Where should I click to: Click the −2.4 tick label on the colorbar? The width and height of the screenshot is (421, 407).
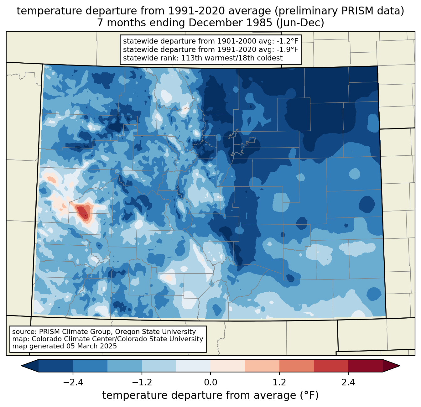[73, 383]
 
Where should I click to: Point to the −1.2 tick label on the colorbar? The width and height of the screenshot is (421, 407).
[142, 383]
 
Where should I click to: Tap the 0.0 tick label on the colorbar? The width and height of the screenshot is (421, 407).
[210, 383]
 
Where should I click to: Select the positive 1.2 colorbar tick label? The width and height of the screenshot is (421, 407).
[279, 383]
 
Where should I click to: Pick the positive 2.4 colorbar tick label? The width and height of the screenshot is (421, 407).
[348, 383]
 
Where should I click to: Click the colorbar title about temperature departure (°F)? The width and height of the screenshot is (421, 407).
[210, 395]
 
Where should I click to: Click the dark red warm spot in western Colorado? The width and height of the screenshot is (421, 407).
[83, 212]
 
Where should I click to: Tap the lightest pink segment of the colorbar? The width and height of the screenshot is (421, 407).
[228, 366]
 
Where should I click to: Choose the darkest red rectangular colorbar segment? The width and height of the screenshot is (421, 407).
[365, 366]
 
